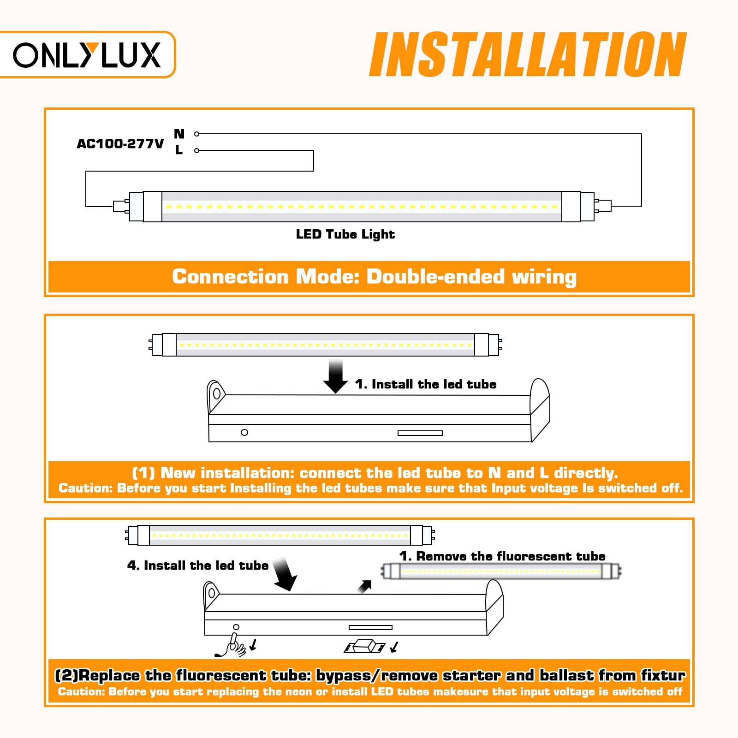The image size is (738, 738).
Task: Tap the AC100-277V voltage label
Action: [120, 144]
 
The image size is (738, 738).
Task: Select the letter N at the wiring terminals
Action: [179, 134]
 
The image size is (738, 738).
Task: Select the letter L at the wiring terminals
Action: [179, 150]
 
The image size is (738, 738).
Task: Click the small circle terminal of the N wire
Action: [196, 134]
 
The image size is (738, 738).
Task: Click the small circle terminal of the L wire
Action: [196, 150]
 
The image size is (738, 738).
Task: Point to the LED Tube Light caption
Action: [345, 234]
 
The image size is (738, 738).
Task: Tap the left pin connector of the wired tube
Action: [120, 206]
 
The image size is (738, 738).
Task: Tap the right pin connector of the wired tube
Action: [603, 206]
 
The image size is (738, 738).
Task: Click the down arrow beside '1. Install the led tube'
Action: [335, 377]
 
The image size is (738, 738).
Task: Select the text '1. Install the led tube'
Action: [425, 384]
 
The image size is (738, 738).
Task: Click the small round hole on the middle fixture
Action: [244, 432]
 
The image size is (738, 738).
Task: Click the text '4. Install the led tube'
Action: [197, 565]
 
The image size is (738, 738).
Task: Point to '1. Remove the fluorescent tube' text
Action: [502, 556]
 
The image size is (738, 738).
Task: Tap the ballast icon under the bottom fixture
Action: [364, 648]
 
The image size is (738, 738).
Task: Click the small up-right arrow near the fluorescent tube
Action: [364, 587]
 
